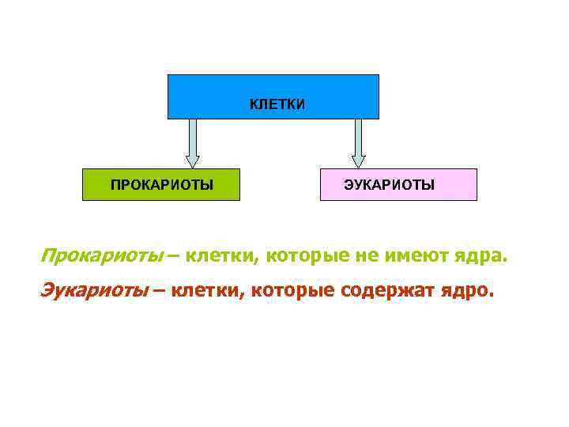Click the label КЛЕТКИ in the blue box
tap(277, 104)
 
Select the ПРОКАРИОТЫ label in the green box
tap(162, 185)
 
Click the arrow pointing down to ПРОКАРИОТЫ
tap(192, 143)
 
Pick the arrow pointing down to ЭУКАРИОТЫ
tap(358, 143)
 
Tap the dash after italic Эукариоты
tap(159, 291)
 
